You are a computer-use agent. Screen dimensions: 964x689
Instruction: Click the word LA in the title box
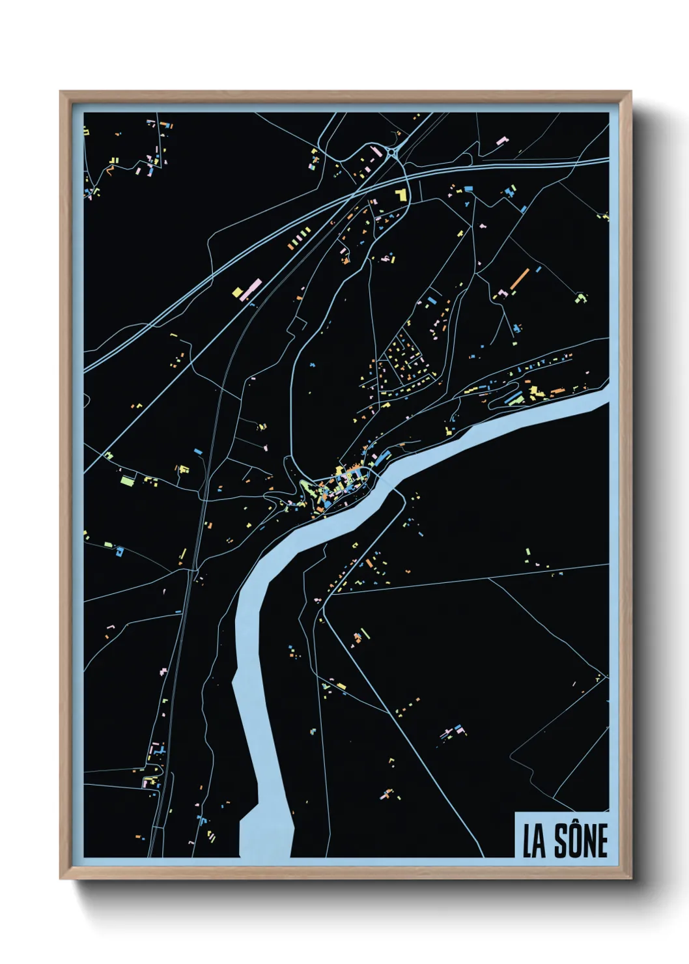point(534,841)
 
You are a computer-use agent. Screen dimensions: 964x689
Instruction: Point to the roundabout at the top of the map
point(393,152)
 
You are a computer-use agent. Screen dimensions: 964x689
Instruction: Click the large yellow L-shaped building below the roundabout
point(401,194)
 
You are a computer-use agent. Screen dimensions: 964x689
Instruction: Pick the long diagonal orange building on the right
point(519,278)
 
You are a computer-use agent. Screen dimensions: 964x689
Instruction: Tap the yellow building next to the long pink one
point(238,291)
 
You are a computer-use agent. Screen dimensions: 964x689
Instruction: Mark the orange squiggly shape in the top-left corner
point(109,171)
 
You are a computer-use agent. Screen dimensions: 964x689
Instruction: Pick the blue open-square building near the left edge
point(119,551)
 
